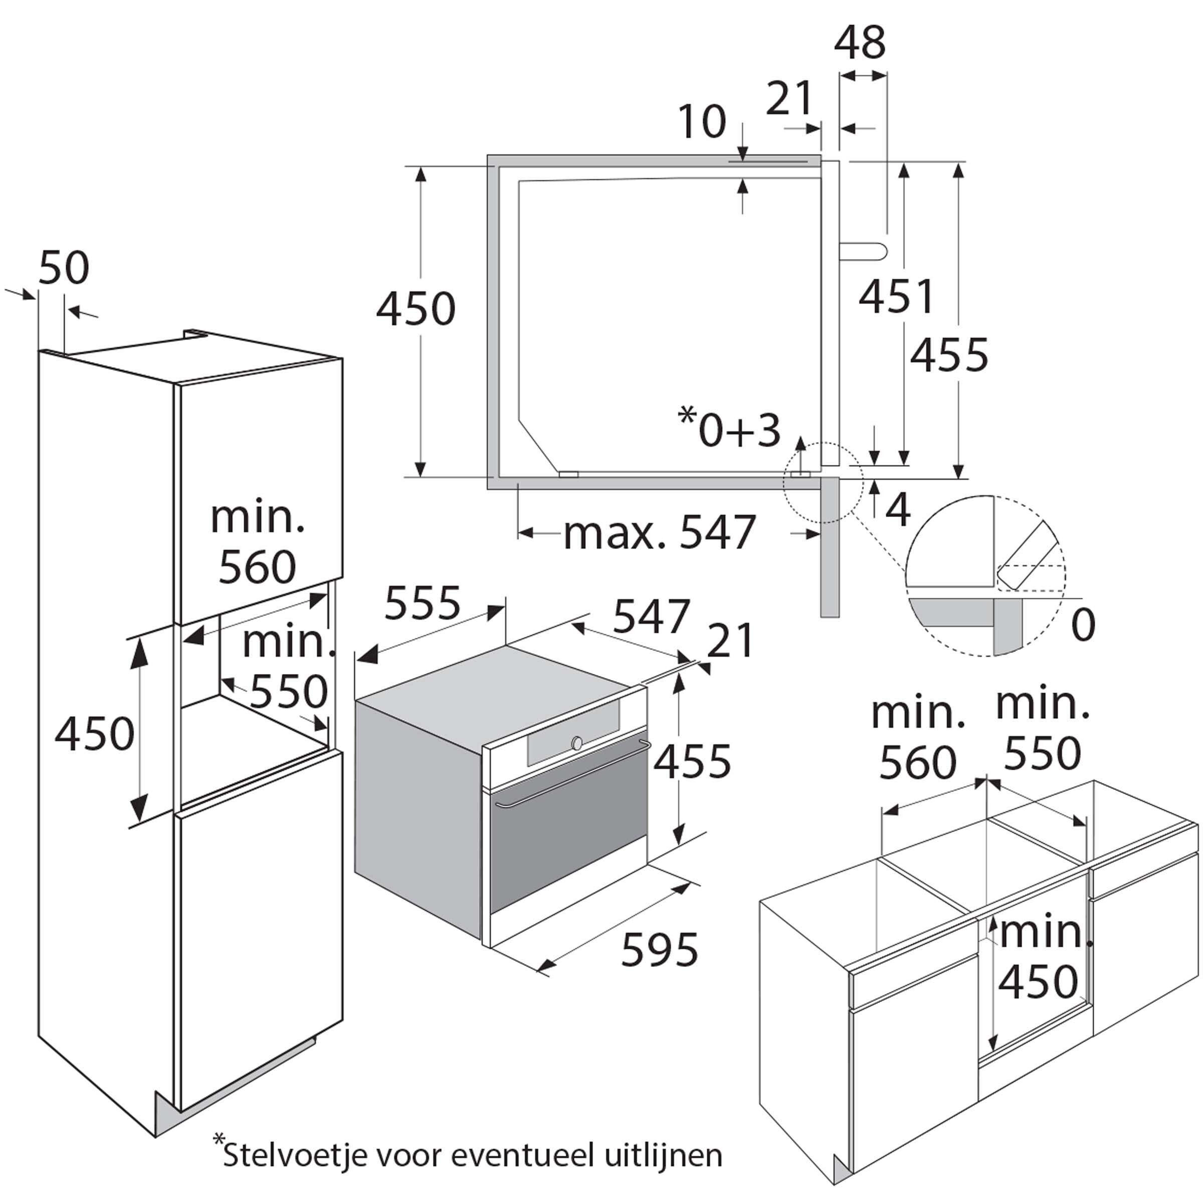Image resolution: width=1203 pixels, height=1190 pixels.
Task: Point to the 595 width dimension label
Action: point(660,949)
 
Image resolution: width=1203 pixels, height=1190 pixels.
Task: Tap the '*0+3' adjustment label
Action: point(729,428)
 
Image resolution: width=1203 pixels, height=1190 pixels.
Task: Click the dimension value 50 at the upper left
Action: point(64,268)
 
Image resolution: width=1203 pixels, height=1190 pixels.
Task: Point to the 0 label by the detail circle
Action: point(1083,625)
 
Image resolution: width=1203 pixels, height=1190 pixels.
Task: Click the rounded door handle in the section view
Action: point(866,250)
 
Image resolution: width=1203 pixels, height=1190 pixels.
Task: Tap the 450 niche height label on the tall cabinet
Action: point(95,733)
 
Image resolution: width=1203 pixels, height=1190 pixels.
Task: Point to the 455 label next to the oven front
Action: point(692,761)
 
